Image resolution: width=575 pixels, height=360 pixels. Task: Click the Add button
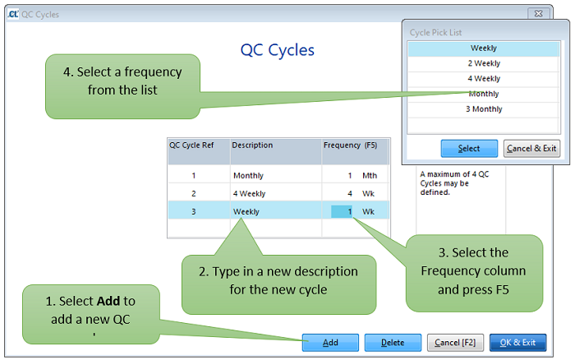click(x=329, y=342)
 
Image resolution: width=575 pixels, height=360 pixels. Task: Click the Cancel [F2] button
click(x=454, y=342)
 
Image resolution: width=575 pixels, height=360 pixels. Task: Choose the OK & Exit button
click(x=517, y=342)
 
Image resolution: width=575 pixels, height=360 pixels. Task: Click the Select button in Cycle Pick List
click(x=469, y=149)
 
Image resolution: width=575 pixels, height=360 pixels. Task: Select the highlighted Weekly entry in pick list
click(x=484, y=48)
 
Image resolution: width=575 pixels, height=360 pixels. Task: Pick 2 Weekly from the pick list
click(x=484, y=63)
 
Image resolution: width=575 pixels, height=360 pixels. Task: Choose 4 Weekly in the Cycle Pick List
click(x=484, y=79)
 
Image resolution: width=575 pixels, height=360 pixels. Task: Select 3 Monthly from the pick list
click(x=484, y=109)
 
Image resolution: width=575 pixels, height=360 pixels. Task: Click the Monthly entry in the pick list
click(x=484, y=94)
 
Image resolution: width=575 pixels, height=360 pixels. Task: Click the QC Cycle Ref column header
click(x=197, y=145)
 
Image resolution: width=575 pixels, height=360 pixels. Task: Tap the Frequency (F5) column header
click(x=350, y=145)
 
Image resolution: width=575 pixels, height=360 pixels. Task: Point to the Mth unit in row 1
click(x=369, y=176)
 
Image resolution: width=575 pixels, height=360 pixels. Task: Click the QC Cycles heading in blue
click(x=277, y=50)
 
